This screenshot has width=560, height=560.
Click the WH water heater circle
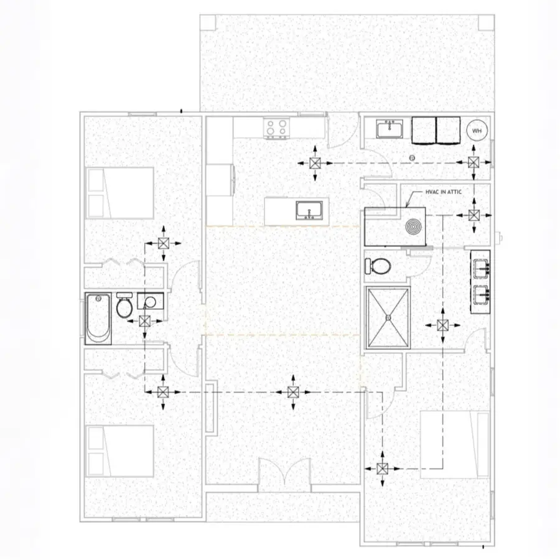pos(477,131)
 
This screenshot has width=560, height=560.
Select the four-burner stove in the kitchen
pos(278,128)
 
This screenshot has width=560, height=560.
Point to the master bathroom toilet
pos(378,266)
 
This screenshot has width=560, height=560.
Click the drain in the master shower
pos(389,317)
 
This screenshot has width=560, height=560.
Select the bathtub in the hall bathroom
pos(99,319)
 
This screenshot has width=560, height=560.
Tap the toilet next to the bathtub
pos(124,306)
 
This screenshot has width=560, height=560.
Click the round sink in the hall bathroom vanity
pos(150,302)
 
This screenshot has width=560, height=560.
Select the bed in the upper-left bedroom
pos(119,193)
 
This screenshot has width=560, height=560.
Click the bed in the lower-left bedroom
pos(119,450)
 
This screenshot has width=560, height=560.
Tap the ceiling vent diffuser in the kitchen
pos(315,164)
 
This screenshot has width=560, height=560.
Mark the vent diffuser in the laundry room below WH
pos(474,163)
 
